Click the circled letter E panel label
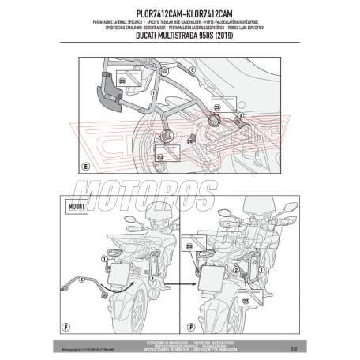pyautogui.click(x=84, y=167)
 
